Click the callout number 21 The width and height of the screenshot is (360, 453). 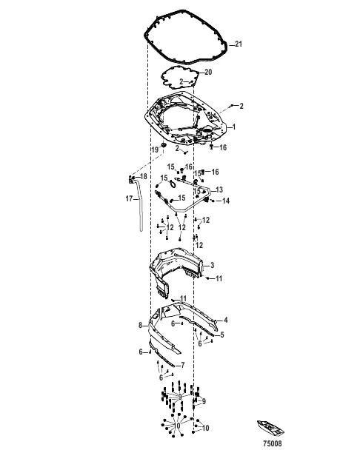click(x=239, y=44)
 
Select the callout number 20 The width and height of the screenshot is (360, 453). click(x=208, y=72)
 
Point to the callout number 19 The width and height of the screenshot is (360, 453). click(x=155, y=150)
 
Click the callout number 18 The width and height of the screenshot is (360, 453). click(x=144, y=176)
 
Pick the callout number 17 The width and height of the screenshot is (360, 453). click(x=128, y=198)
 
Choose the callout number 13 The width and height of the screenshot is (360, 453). click(x=219, y=189)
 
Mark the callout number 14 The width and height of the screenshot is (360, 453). click(x=227, y=201)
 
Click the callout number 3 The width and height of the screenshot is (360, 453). click(x=212, y=265)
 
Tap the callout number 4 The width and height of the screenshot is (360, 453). click(x=226, y=320)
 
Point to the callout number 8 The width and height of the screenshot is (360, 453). click(x=139, y=325)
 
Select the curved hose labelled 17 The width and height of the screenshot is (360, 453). click(x=139, y=215)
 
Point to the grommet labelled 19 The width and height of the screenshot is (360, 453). click(x=164, y=142)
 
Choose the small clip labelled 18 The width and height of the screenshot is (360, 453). click(x=132, y=179)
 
